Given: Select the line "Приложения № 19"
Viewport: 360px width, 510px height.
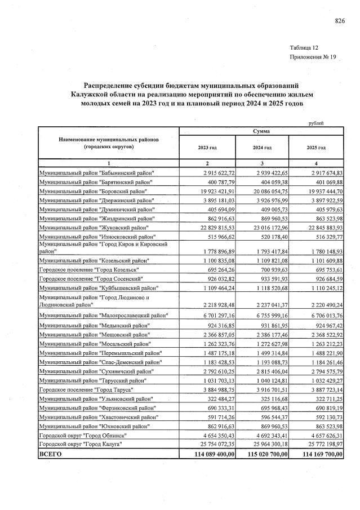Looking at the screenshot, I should point(313,57).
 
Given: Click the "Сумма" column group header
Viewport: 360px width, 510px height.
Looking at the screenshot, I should point(261,131).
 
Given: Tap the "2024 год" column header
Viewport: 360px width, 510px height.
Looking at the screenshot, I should point(261,147).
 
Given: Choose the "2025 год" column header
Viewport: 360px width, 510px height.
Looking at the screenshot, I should point(316,147).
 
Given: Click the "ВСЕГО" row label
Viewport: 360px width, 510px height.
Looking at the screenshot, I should point(50,454).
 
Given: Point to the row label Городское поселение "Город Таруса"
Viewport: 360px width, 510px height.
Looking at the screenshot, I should point(85,391).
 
